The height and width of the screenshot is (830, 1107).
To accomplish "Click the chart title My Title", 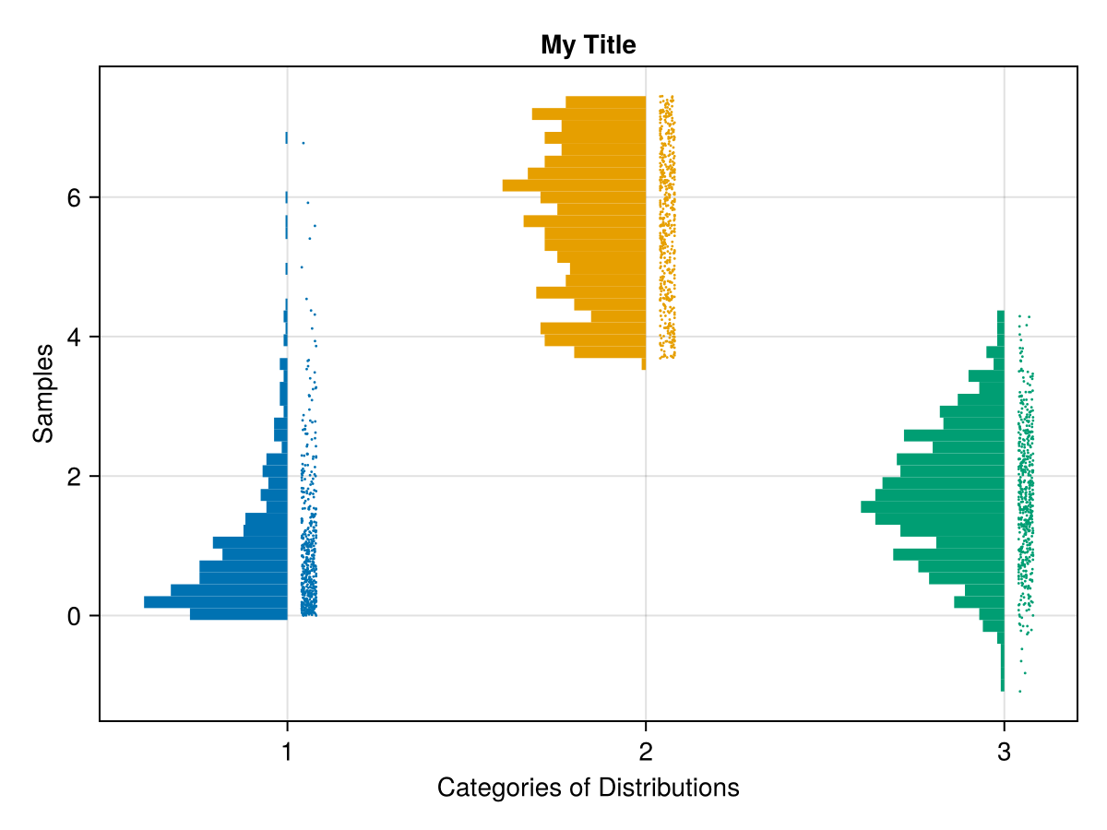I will click(x=588, y=44).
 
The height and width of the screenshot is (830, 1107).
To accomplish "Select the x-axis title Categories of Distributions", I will click(x=588, y=788).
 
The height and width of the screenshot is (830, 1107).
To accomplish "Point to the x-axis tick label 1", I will click(x=287, y=753).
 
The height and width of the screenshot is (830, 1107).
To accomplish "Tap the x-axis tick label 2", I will click(x=646, y=753).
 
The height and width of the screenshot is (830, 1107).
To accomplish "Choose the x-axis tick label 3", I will click(x=1004, y=753).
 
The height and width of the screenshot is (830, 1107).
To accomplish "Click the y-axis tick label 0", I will click(x=74, y=616).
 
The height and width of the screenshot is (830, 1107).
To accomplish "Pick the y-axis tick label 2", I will click(x=74, y=477).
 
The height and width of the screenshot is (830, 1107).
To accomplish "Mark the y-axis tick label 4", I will click(x=74, y=338).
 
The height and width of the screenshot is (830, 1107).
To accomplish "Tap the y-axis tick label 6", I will click(x=74, y=198).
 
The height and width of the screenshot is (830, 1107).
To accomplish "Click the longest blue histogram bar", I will click(x=216, y=602).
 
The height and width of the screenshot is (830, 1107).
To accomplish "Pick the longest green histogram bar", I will click(x=932, y=506).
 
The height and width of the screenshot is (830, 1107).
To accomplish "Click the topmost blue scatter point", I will click(x=303, y=143).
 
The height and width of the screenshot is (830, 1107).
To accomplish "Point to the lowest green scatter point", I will click(x=1019, y=691).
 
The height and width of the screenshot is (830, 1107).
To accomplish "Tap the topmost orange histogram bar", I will click(x=605, y=101).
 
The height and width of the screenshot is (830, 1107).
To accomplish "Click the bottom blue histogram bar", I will click(x=239, y=614).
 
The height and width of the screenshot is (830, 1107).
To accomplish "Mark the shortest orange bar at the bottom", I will click(x=644, y=364).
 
